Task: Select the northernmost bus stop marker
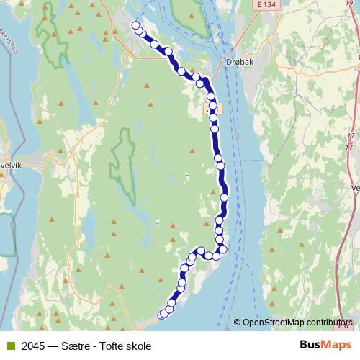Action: [x=135, y=26]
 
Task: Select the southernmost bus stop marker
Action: [x=163, y=315]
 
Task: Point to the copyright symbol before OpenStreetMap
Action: [x=238, y=323]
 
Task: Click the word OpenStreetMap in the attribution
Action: [x=271, y=323]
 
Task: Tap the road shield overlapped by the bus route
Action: [x=214, y=108]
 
